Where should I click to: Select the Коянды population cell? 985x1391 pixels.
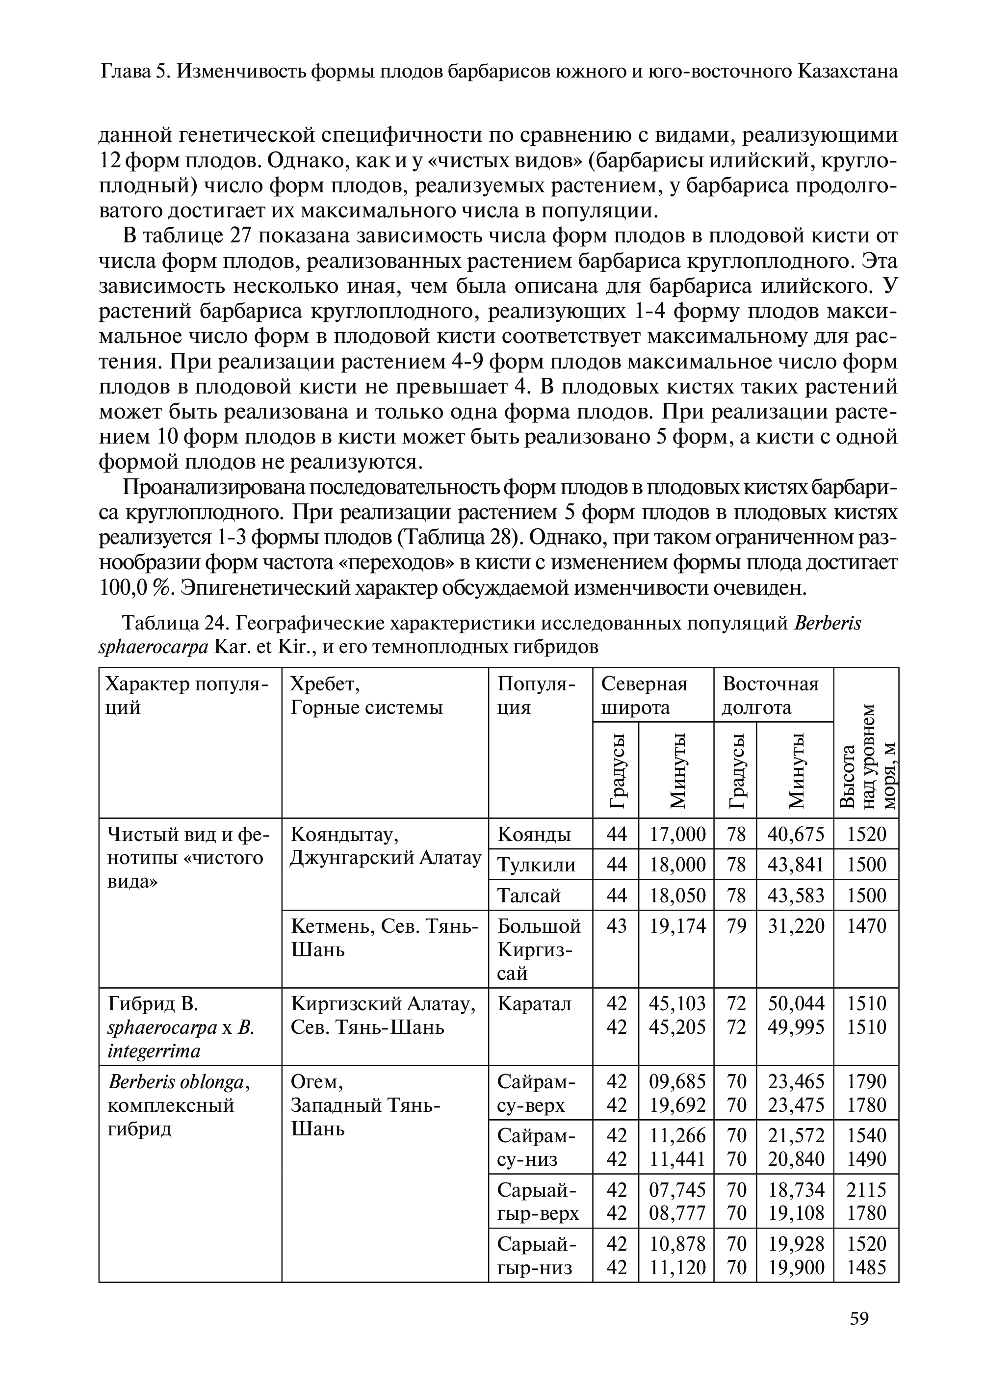534,834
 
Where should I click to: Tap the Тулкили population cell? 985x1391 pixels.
536,865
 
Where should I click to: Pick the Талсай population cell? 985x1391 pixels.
529,895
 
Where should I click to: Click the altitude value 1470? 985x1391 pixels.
866,926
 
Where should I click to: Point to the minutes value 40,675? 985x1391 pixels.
796,834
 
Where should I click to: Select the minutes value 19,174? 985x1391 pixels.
677,926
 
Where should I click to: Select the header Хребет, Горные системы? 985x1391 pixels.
366,695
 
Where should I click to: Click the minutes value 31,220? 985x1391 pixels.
796,926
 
